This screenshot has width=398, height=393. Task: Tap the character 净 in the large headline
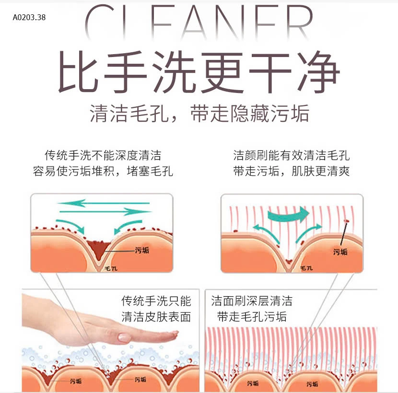coord(316,73)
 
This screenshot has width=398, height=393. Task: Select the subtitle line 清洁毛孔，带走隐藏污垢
coord(199,114)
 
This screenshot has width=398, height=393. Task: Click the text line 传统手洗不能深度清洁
coord(103,156)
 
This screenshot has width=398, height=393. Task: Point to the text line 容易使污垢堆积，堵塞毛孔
coord(103,171)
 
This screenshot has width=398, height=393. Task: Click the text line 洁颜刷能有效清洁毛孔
coord(292,156)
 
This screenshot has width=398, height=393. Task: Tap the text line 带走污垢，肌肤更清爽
coord(292,171)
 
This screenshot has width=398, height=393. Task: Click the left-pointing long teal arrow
coord(103,203)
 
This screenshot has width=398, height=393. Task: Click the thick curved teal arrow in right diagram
coord(288,214)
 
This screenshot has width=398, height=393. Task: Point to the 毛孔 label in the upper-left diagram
coord(110,269)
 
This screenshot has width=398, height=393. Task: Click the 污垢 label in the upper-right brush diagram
coord(340,252)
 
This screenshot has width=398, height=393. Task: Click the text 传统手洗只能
coord(156,301)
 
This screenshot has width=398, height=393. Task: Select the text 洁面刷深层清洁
coord(252,301)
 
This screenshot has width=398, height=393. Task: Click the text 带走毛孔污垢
coord(252,317)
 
